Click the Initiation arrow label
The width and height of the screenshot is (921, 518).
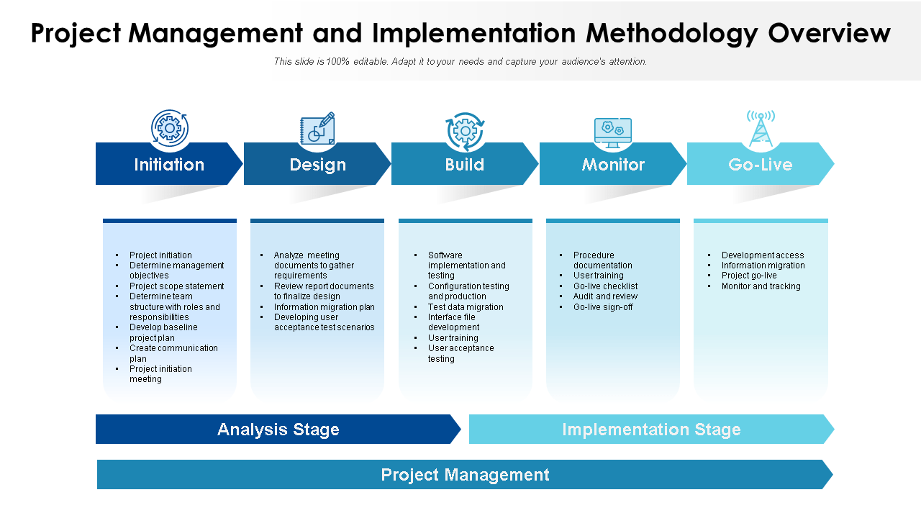pos(169,165)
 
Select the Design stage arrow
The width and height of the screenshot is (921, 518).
pos(317,165)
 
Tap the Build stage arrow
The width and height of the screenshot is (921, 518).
pos(464,165)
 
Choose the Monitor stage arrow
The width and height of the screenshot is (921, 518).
pos(613,165)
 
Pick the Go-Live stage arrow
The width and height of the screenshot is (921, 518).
pos(760,165)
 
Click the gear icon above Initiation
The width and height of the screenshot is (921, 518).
pos(170,129)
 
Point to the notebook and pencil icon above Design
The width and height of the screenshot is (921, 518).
pos(317,129)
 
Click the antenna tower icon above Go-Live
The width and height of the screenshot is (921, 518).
pos(761,129)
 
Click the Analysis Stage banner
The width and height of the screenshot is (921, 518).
pos(278,430)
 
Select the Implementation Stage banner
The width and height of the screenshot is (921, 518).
pos(651,430)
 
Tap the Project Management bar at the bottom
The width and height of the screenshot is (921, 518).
pos(465,475)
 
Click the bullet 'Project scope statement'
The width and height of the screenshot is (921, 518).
pos(176,286)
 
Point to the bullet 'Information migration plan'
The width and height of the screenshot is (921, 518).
pos(324,307)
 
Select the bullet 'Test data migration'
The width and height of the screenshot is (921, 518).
pos(466,307)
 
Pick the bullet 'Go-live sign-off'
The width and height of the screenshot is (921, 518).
pos(603,307)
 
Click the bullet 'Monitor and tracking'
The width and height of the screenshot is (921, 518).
pos(761,286)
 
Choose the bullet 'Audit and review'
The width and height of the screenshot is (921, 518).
pos(605,296)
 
